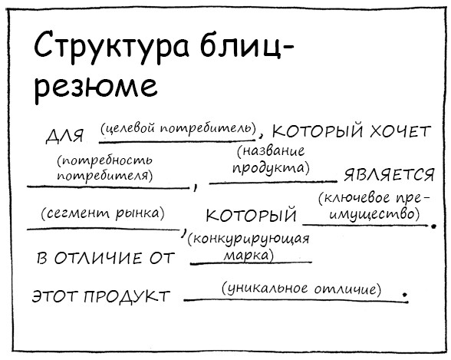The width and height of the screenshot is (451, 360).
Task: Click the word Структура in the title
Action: tap(112, 47)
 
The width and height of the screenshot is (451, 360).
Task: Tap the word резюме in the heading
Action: tap(96, 87)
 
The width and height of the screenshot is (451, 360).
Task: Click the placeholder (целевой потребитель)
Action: tap(178, 128)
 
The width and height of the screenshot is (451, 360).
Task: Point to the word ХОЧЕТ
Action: tap(400, 131)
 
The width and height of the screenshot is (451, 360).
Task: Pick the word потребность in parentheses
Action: tap(104, 161)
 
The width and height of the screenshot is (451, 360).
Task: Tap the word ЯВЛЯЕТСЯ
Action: tap(389, 175)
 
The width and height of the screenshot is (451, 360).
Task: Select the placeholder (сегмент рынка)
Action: tap(103, 213)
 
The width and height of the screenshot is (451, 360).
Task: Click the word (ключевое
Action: tap(356, 199)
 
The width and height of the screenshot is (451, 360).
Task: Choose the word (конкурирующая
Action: tap(249, 239)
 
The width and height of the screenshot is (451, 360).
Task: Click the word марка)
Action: tap(249, 256)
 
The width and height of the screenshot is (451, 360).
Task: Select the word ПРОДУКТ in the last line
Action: tap(127, 296)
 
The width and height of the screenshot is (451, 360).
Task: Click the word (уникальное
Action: tap(265, 289)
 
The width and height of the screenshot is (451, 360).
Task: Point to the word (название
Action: tap(271, 151)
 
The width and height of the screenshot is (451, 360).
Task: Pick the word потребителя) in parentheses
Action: tap(105, 176)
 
